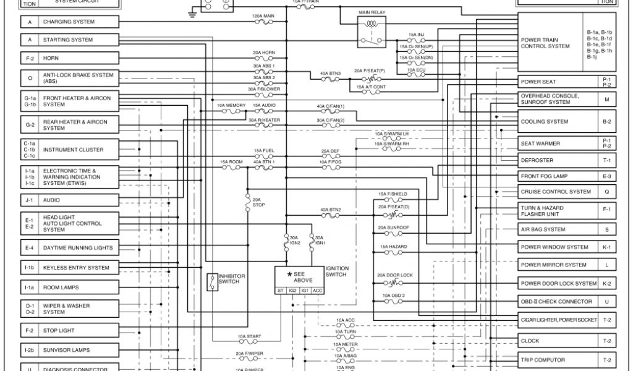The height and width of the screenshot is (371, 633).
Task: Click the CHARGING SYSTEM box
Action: click(77, 22)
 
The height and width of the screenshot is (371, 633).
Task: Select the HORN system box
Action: click(77, 58)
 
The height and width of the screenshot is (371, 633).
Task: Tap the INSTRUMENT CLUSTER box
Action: click(77, 150)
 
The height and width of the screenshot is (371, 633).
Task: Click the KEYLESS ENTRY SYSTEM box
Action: click(77, 268)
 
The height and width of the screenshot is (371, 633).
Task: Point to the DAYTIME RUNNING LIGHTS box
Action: click(77, 248)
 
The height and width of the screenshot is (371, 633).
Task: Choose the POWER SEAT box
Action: click(558, 82)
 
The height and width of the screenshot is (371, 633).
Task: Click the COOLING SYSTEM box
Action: click(558, 122)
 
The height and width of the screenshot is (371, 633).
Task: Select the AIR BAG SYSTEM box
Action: click(558, 229)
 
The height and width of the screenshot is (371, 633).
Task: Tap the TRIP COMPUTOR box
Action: click(558, 360)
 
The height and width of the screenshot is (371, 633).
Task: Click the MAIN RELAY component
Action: click(372, 31)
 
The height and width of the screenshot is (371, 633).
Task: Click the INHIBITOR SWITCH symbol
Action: click(212, 283)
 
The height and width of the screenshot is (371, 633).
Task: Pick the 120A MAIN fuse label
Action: click(264, 15)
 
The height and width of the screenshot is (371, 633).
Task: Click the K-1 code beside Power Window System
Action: click(606, 247)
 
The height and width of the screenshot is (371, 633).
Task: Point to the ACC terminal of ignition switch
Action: click(318, 289)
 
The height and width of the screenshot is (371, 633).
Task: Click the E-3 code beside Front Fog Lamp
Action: click(606, 176)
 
